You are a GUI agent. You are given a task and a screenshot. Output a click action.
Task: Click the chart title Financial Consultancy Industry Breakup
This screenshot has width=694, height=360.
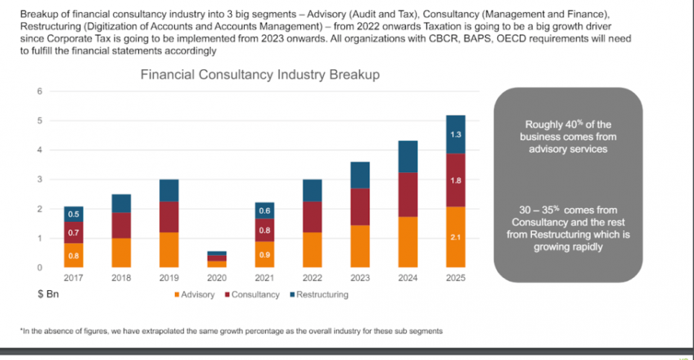[x=260, y=74]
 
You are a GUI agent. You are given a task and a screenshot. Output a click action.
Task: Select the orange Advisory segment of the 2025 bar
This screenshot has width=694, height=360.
[x=455, y=237]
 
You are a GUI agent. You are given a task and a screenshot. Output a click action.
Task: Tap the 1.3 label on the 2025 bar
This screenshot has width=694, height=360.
[x=455, y=135]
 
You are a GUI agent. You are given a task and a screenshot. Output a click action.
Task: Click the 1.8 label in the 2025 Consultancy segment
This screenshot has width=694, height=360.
[x=455, y=181]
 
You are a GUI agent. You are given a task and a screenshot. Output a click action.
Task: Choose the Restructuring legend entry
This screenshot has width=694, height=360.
[x=320, y=294]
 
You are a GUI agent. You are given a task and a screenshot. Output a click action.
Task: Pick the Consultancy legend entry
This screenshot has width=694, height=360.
[x=253, y=294]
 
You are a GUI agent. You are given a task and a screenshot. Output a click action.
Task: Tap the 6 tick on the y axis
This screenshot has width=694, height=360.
[x=40, y=91]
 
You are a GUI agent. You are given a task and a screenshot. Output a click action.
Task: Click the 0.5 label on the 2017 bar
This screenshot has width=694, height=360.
[x=74, y=214]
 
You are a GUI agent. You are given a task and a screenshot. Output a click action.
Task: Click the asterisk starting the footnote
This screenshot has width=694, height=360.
[x=22, y=330]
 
